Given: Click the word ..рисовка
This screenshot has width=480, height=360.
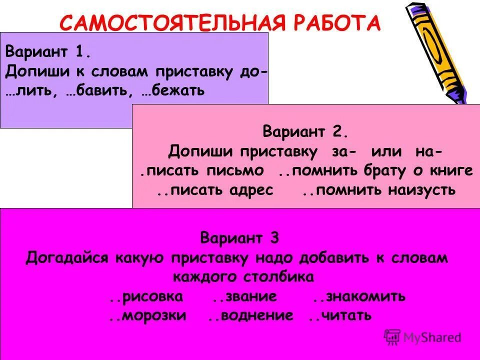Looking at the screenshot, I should pos(146,296).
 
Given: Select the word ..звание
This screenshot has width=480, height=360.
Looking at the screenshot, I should pos(244,296).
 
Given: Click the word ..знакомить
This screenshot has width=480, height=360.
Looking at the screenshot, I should pos(358,296).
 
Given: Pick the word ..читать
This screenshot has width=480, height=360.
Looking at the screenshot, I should pos(339,316).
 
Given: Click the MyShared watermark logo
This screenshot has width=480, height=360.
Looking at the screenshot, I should pos(422,337).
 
